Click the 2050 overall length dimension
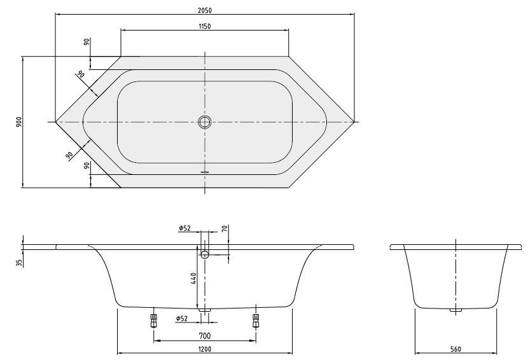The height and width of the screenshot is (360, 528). click(205, 10)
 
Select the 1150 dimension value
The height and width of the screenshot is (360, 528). click(205, 26)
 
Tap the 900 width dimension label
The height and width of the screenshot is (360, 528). click(19, 121)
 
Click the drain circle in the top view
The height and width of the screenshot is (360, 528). click(205, 121)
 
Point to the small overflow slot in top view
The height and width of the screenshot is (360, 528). click(205, 171)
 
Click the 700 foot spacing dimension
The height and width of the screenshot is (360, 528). click(205, 336)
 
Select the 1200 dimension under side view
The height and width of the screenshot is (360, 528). click(205, 349)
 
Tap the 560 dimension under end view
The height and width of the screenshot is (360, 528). click(455, 349)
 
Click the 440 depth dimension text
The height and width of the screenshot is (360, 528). click(193, 279)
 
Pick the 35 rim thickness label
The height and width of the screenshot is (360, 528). click(21, 263)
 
